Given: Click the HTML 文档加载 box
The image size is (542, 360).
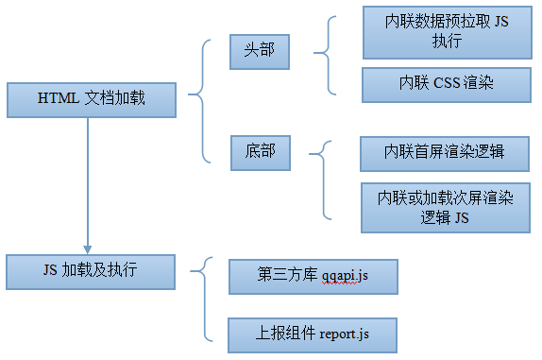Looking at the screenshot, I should (91, 98).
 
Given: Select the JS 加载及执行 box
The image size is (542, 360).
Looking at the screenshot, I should (91, 270).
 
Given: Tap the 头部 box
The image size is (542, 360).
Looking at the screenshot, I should (260, 50).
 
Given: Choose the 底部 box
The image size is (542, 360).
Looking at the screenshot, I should (260, 151).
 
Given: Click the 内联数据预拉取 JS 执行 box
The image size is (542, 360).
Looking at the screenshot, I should (447, 32).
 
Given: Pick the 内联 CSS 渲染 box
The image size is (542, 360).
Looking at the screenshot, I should (447, 84).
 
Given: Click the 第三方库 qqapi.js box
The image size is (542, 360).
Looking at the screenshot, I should (313, 277).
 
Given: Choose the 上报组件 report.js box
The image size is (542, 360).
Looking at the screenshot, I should (313, 334).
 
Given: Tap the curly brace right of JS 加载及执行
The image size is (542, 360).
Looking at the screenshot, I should (203, 299).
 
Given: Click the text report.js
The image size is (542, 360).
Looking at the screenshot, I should (345, 334).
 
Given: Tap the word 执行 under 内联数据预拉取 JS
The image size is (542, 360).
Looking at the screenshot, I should (447, 43).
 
